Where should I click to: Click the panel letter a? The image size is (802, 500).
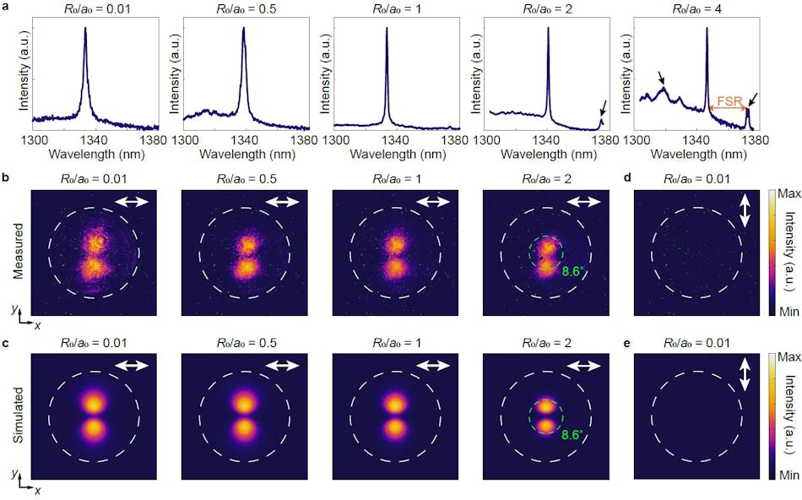tap(6, 7)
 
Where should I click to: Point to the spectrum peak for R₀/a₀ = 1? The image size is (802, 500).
tap(387, 30)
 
